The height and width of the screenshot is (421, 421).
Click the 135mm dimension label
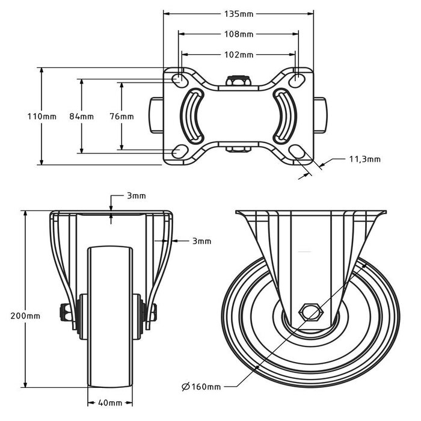pos(239,13)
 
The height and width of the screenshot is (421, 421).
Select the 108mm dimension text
pos(239,34)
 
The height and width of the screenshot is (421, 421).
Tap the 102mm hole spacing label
pos(239,55)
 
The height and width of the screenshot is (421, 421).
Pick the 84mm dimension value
pos(81,116)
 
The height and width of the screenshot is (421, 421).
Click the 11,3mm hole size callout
pos(364,159)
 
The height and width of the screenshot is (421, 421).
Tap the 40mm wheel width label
pos(111,402)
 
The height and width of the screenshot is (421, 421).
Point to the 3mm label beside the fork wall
pos(201,241)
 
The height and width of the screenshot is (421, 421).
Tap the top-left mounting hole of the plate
pos(179,79)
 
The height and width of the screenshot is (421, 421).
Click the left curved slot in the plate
pos(192,115)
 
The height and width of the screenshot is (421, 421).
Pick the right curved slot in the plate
pos(284,115)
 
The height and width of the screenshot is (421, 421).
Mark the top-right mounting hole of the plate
pos(297,79)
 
